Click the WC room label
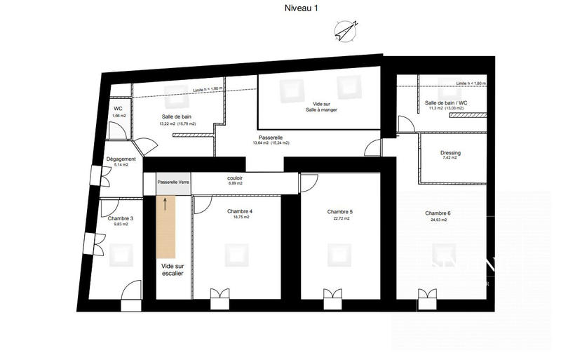[119, 109]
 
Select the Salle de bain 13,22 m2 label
[177, 116]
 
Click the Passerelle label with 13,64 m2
[270, 137]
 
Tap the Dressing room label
[450, 152]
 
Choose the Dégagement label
[121, 159]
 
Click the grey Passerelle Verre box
[173, 182]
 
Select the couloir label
[235, 178]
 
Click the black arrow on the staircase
[166, 204]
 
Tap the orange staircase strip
[166, 226]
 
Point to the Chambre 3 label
[121, 218]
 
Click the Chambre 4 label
[240, 211]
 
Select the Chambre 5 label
[340, 211]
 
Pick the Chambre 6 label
[438, 213]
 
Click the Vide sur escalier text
[172, 270]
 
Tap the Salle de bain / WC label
[446, 102]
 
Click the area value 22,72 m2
[340, 218]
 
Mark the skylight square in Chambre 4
[236, 253]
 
